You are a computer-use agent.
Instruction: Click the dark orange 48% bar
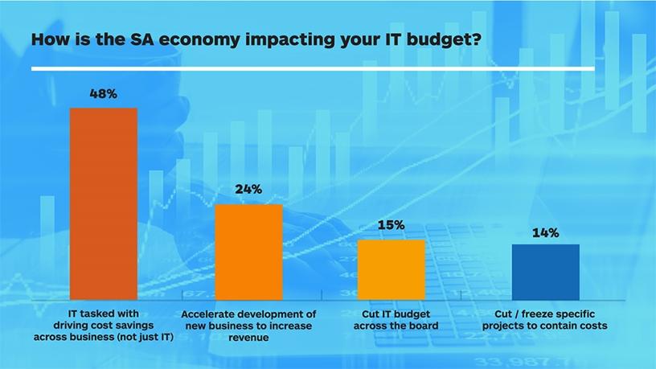point(104,203)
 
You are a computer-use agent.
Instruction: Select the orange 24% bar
point(248,252)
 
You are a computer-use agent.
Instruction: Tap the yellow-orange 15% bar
point(391,269)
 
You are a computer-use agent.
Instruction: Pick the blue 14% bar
point(545,272)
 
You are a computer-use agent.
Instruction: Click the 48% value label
point(103,94)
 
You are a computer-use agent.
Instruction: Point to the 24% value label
point(248,191)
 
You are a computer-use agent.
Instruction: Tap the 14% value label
point(545,233)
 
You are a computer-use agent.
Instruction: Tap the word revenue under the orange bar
point(248,338)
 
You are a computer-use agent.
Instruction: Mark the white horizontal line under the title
point(314,70)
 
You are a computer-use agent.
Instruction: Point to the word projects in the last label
point(508,326)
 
